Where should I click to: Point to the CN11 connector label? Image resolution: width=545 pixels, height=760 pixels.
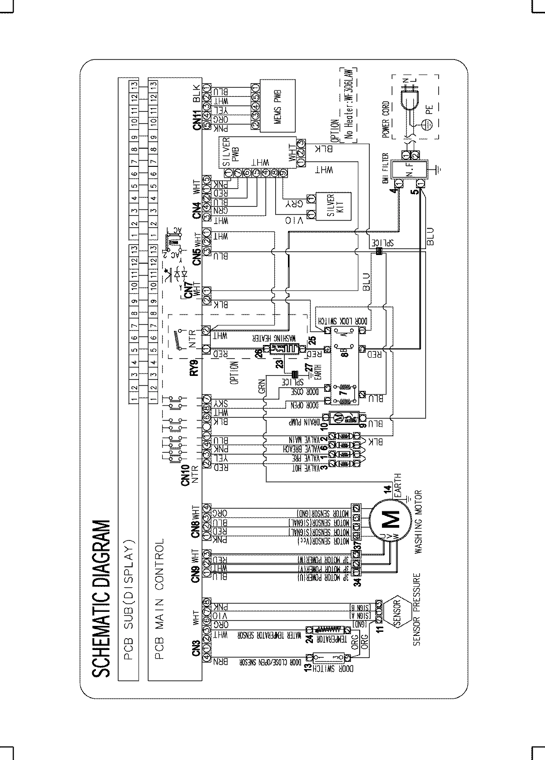coord(197,117)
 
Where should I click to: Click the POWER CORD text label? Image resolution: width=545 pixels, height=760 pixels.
coord(386,120)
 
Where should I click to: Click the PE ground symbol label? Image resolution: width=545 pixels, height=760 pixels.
coord(429,108)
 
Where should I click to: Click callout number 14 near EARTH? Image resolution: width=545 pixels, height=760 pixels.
coord(387,490)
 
